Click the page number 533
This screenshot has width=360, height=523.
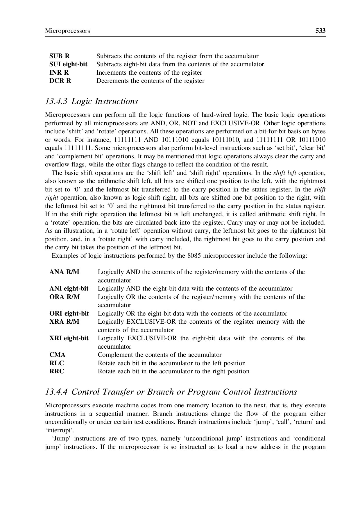[320, 31]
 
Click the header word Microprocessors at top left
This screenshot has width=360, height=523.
[67, 31]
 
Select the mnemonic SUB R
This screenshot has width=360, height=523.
[60, 56]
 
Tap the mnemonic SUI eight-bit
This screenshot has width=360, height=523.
[68, 64]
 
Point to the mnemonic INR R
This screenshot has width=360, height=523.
[59, 73]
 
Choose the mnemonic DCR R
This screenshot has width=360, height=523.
[60, 81]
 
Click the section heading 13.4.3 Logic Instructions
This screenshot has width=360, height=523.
[92, 101]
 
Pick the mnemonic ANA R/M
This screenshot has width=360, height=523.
[64, 272]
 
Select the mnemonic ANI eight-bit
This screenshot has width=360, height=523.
[69, 289]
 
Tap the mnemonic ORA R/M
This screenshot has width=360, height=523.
[65, 297]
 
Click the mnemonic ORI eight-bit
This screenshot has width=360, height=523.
[69, 314]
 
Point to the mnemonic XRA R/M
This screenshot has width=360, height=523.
[64, 322]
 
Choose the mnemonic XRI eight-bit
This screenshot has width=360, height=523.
[69, 338]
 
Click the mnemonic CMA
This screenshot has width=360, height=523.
[58, 355]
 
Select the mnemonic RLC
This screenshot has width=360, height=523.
[57, 363]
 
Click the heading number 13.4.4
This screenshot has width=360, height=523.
[56, 392]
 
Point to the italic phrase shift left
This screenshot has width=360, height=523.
[285, 173]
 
